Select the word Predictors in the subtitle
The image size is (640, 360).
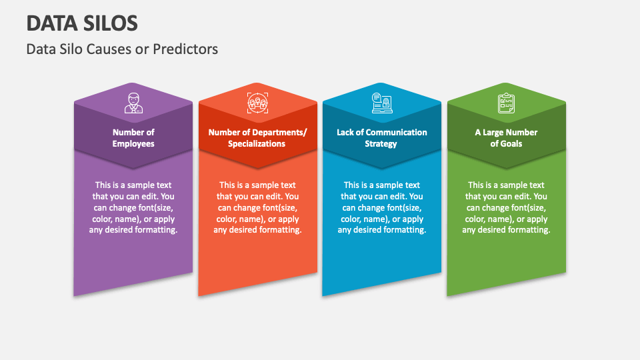[187, 49]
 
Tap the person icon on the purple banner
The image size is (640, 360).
[133, 103]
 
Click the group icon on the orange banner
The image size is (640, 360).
[257, 103]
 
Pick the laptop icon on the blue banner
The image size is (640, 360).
[381, 103]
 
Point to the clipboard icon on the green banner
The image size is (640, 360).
[506, 103]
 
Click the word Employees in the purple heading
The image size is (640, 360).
[133, 144]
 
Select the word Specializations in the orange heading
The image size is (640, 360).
[257, 144]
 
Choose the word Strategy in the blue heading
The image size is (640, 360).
[381, 144]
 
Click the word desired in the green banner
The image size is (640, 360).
[497, 230]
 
